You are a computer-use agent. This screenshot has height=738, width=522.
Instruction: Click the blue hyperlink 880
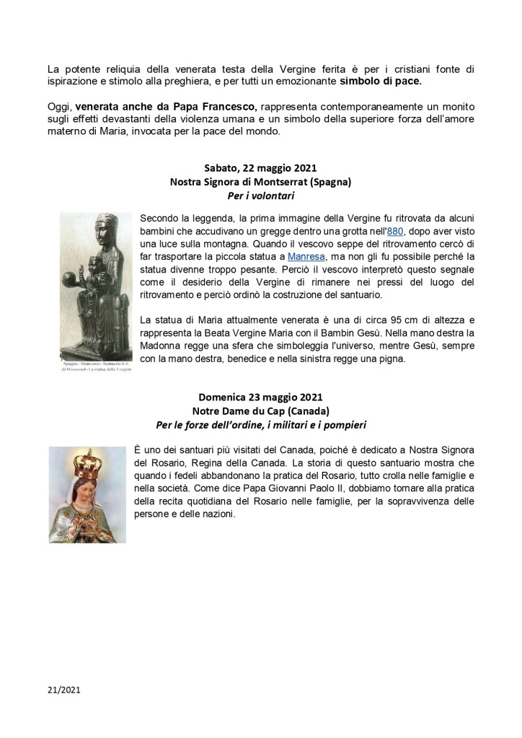click(x=396, y=232)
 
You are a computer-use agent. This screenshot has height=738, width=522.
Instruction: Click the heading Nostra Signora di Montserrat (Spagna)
click(x=260, y=183)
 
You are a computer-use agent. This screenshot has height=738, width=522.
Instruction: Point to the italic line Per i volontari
click(x=260, y=196)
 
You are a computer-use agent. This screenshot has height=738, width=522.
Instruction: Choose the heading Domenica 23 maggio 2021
click(x=260, y=397)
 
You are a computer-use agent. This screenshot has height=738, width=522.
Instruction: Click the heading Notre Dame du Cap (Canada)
click(x=260, y=410)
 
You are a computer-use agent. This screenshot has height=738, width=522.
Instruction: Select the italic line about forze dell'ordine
click(x=260, y=424)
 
